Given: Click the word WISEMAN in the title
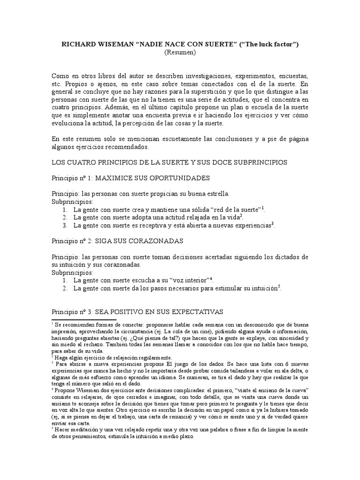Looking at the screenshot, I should pos(115,45).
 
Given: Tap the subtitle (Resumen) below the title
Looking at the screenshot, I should pos(180,53).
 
